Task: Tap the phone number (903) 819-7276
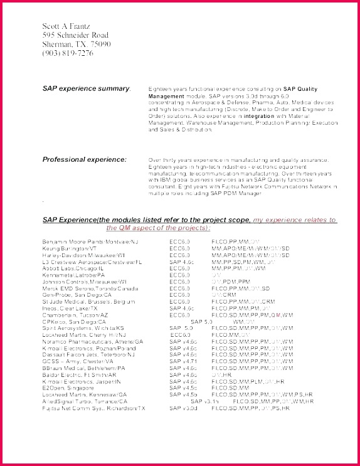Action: click(x=68, y=53)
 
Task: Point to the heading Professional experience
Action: click(x=84, y=159)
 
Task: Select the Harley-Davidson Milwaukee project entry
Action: click(x=82, y=255)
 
